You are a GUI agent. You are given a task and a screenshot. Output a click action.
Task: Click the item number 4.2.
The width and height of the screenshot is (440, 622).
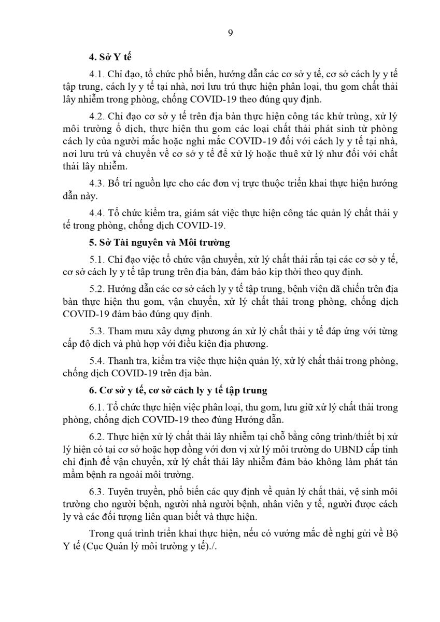97,116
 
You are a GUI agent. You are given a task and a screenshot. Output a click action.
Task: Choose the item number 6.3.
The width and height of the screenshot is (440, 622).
97,491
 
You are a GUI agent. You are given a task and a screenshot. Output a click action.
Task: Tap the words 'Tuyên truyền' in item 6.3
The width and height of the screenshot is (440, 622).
136,491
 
